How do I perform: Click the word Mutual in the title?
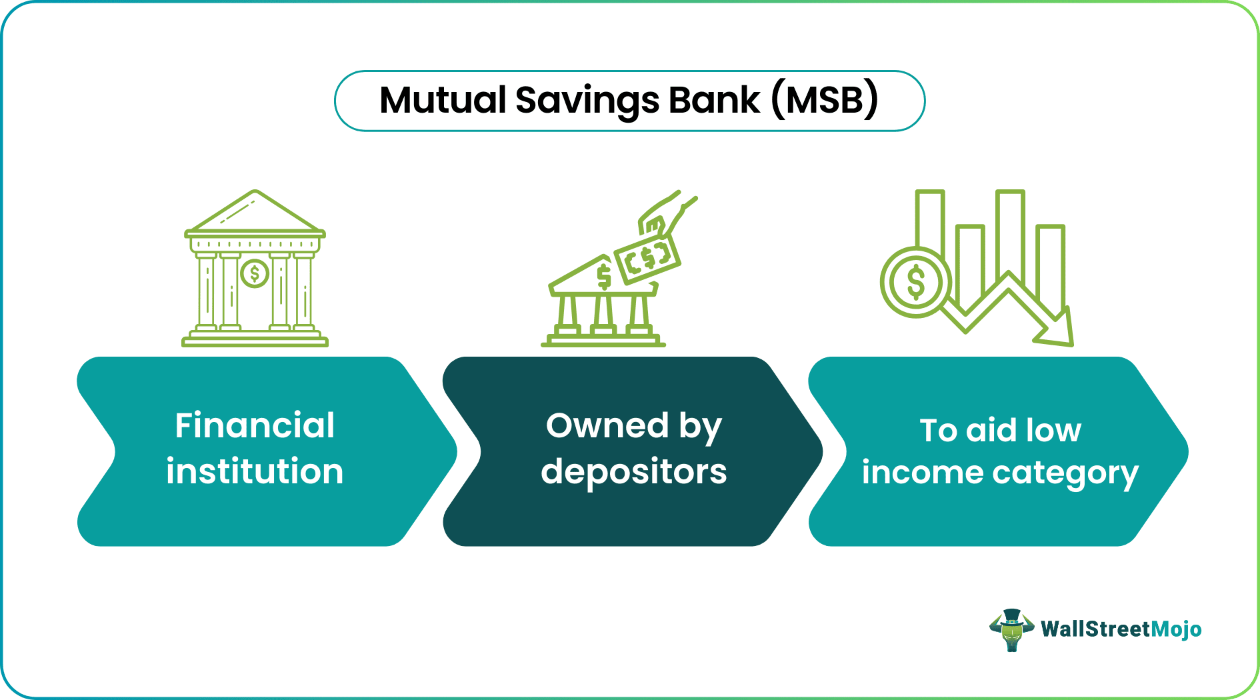click(x=443, y=100)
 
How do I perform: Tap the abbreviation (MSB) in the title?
click(x=825, y=101)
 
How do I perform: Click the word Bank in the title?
click(x=714, y=100)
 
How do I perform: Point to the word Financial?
click(x=255, y=425)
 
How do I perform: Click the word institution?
click(x=255, y=471)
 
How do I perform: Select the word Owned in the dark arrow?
click(x=607, y=425)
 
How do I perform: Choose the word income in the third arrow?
click(x=922, y=473)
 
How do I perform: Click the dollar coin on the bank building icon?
click(x=254, y=273)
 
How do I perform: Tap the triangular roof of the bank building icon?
click(x=255, y=212)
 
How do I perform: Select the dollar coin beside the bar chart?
click(x=916, y=282)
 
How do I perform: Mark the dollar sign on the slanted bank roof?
click(x=604, y=277)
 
